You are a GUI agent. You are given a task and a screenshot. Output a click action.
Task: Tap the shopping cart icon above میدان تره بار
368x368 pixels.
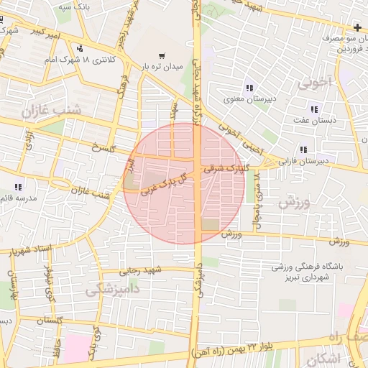coord(161,55)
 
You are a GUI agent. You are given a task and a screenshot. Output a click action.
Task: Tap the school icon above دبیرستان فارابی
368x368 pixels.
coord(304,149)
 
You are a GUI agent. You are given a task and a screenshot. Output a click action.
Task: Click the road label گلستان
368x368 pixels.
coord(68,319)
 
